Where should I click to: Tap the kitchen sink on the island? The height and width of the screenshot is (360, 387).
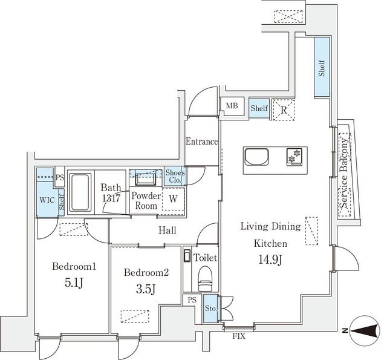tap(256, 157)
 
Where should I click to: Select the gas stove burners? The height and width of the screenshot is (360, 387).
tap(294, 157)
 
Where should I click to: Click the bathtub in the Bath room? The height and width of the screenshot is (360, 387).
tap(80, 192)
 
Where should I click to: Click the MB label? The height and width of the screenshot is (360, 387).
tap(232, 106)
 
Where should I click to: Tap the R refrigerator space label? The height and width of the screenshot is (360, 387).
tap(284, 110)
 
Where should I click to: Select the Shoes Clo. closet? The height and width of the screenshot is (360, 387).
tap(175, 176)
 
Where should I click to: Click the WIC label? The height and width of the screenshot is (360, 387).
tap(47, 200)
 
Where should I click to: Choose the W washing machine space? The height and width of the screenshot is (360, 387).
tap(174, 199)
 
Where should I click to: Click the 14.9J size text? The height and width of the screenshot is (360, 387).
tap(270, 260)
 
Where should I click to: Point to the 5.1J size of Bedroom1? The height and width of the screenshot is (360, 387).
tap(74, 283)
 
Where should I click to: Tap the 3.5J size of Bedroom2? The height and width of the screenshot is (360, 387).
tap(146, 289)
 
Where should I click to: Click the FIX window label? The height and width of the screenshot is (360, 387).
tap(239, 336)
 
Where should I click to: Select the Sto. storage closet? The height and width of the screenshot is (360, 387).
tap(211, 309)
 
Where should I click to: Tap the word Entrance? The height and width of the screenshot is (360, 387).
tap(201, 142)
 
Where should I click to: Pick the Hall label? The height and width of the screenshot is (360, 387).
tap(167, 231)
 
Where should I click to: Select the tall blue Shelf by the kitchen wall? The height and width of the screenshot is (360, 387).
tap(322, 67)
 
